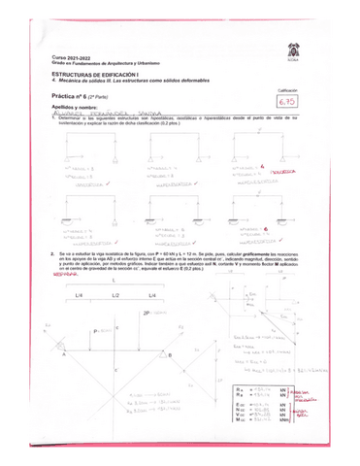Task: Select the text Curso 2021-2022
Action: tap(70, 60)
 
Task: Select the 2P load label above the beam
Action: tap(147, 315)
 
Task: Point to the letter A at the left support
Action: tap(63, 355)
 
